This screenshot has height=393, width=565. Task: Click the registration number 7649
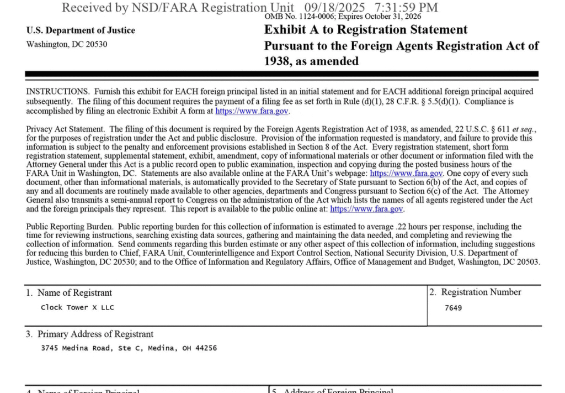point(453,308)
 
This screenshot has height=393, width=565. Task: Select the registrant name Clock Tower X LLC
point(77,307)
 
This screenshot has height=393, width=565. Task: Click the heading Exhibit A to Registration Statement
point(366,30)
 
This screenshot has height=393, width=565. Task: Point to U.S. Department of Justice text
point(81,30)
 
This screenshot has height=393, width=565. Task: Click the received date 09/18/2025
point(334,7)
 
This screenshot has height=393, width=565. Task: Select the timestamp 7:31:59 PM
point(406,7)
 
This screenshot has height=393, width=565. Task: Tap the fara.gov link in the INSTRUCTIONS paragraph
point(252,111)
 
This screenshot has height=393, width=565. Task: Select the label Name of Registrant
point(74,293)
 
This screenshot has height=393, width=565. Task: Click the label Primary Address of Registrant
point(95,334)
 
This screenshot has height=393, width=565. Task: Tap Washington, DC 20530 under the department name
point(67,44)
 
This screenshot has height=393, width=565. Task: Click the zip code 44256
point(206,348)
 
